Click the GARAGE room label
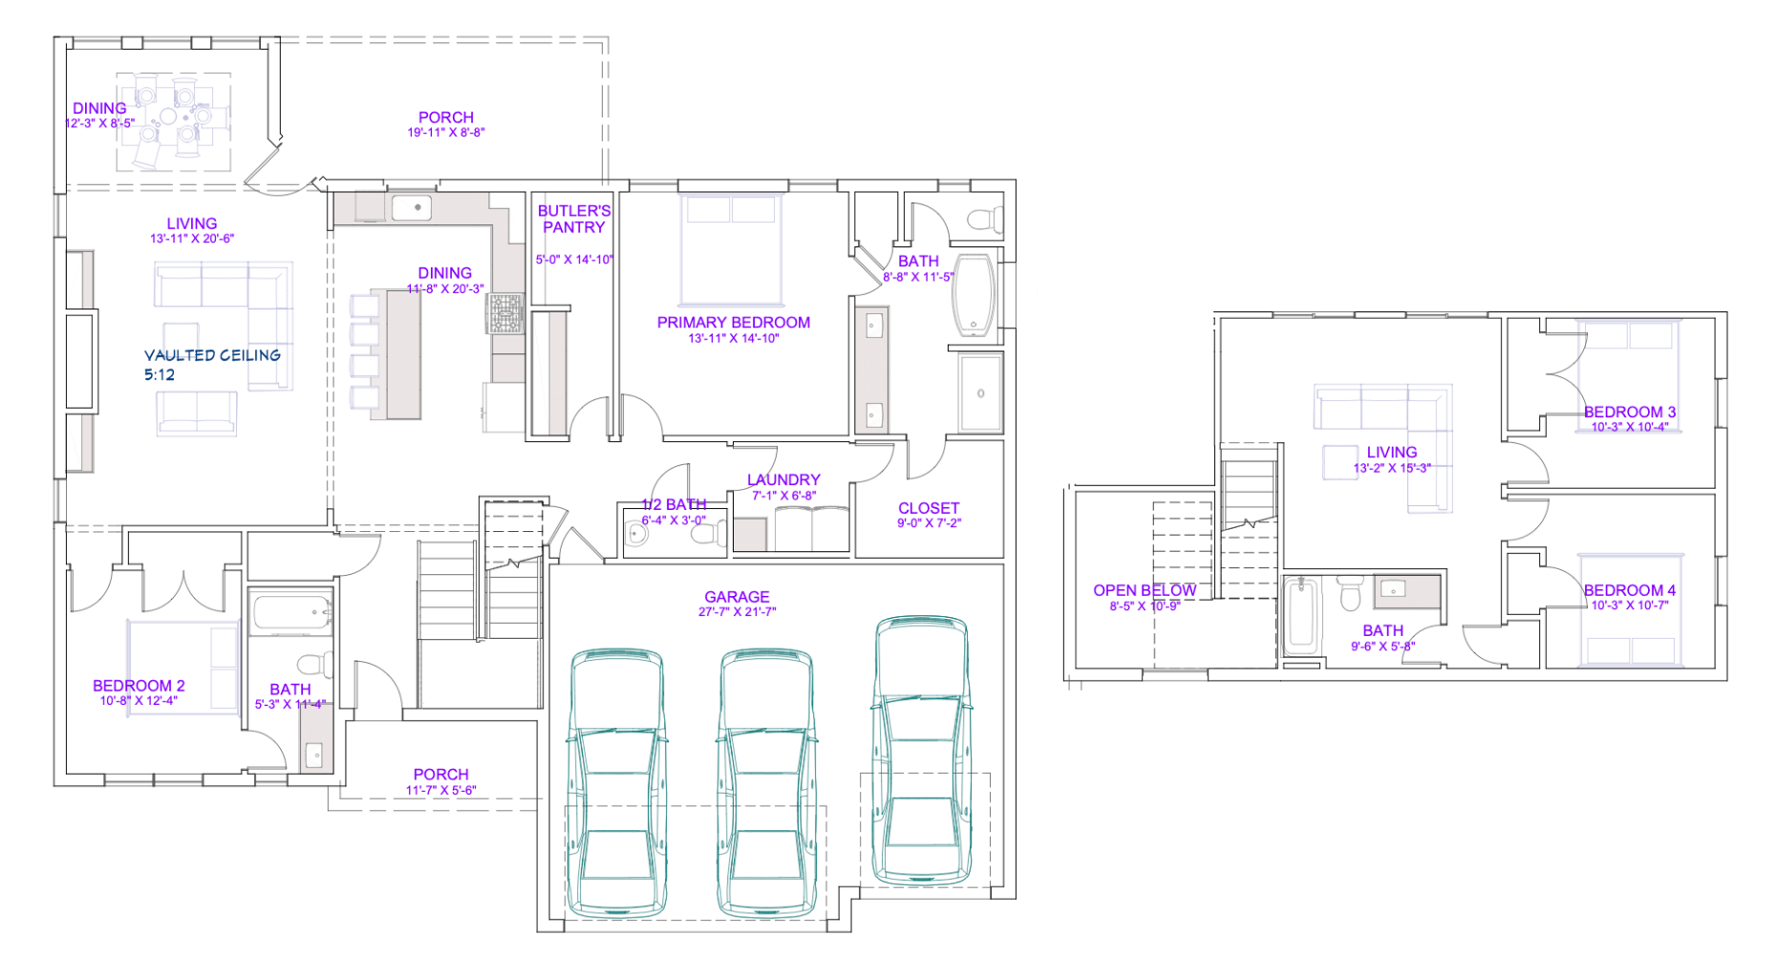[737, 597]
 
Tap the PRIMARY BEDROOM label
[734, 323]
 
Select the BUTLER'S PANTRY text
[574, 219]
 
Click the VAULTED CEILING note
[212, 355]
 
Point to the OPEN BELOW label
[1145, 590]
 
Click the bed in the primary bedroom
[732, 249]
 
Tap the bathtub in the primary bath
[974, 295]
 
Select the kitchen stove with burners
[505, 313]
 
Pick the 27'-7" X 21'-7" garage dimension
[737, 612]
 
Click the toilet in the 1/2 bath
[708, 535]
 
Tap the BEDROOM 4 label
[1630, 590]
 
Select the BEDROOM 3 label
[1630, 412]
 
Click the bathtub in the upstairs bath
[1300, 616]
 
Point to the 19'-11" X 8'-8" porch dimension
[446, 133]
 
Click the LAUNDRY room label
[783, 479]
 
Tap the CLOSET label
[929, 508]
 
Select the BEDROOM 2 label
[139, 686]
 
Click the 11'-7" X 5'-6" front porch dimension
[440, 791]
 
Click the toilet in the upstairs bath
[1350, 592]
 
